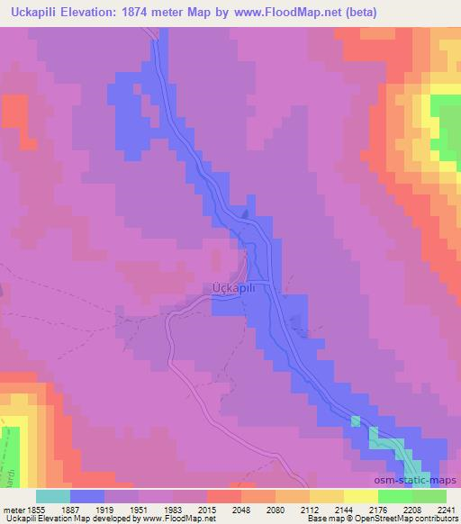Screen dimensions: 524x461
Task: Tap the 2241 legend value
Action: tap(446, 509)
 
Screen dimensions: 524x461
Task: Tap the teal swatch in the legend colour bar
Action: tap(53, 496)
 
